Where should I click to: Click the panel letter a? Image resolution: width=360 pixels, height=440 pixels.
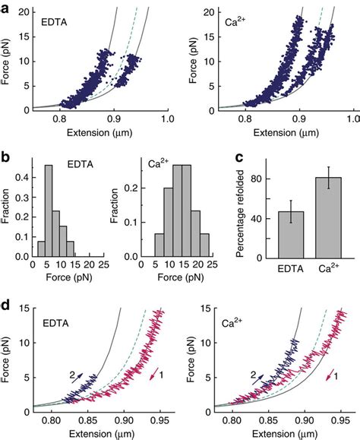click(x=7, y=6)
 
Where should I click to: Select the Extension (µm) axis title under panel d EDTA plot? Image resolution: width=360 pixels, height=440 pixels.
click(x=99, y=432)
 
